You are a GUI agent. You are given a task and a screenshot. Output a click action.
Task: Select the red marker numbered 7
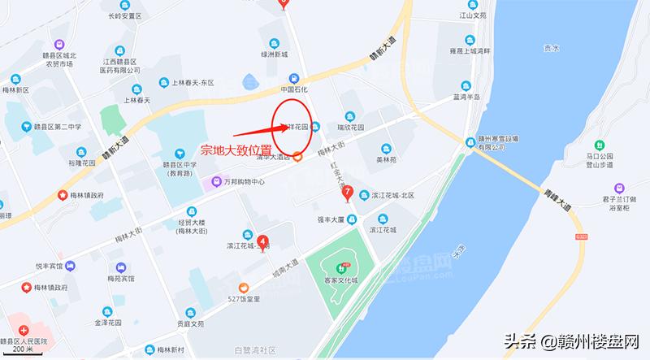coord(348,193)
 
